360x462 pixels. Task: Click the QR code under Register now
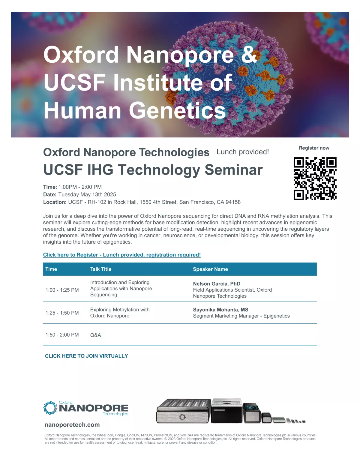pos(315,178)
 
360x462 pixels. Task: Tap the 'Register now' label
pos(314,148)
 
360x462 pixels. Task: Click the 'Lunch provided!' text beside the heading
pos(243,152)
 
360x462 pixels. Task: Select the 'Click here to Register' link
pos(122,255)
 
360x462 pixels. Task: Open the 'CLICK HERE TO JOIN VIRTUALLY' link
pos(86,356)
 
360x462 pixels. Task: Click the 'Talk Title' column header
pos(101,269)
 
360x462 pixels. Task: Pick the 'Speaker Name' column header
pos(210,269)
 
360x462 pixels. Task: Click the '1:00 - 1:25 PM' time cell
pos(62,290)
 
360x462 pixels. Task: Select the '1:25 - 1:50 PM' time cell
pos(62,313)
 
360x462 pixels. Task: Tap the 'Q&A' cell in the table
pos(96,335)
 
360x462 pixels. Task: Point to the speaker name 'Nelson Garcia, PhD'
pos(217,283)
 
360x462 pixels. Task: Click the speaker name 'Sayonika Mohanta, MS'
pos(220,310)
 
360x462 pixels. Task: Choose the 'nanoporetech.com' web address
pos(72,424)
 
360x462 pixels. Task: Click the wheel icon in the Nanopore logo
pos(50,408)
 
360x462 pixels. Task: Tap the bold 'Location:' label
pos(55,202)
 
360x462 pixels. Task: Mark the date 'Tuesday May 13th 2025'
pos(87,194)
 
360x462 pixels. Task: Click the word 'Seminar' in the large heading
pos(234,170)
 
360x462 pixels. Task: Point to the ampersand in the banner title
pos(249,54)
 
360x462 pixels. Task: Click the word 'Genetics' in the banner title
pos(177,111)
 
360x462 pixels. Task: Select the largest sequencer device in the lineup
pos(184,411)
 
